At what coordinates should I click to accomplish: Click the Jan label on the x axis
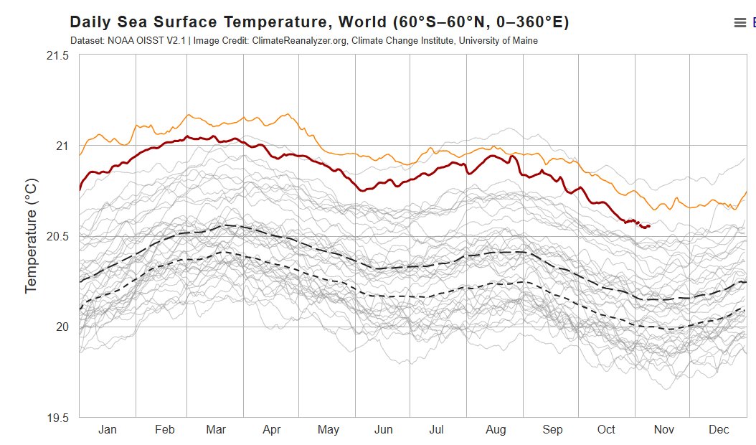107,429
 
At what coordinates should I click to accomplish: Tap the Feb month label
164,429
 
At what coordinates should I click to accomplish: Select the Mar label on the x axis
216,429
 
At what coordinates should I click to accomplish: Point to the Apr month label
271,429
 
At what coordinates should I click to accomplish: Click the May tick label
328,429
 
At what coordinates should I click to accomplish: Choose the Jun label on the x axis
383,429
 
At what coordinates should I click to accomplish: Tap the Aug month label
496,429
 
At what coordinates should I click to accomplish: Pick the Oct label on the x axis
606,429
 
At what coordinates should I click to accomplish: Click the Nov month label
663,429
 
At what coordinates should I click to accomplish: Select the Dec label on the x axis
719,429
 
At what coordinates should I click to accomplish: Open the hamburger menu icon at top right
740,23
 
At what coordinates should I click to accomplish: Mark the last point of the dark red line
648,226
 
